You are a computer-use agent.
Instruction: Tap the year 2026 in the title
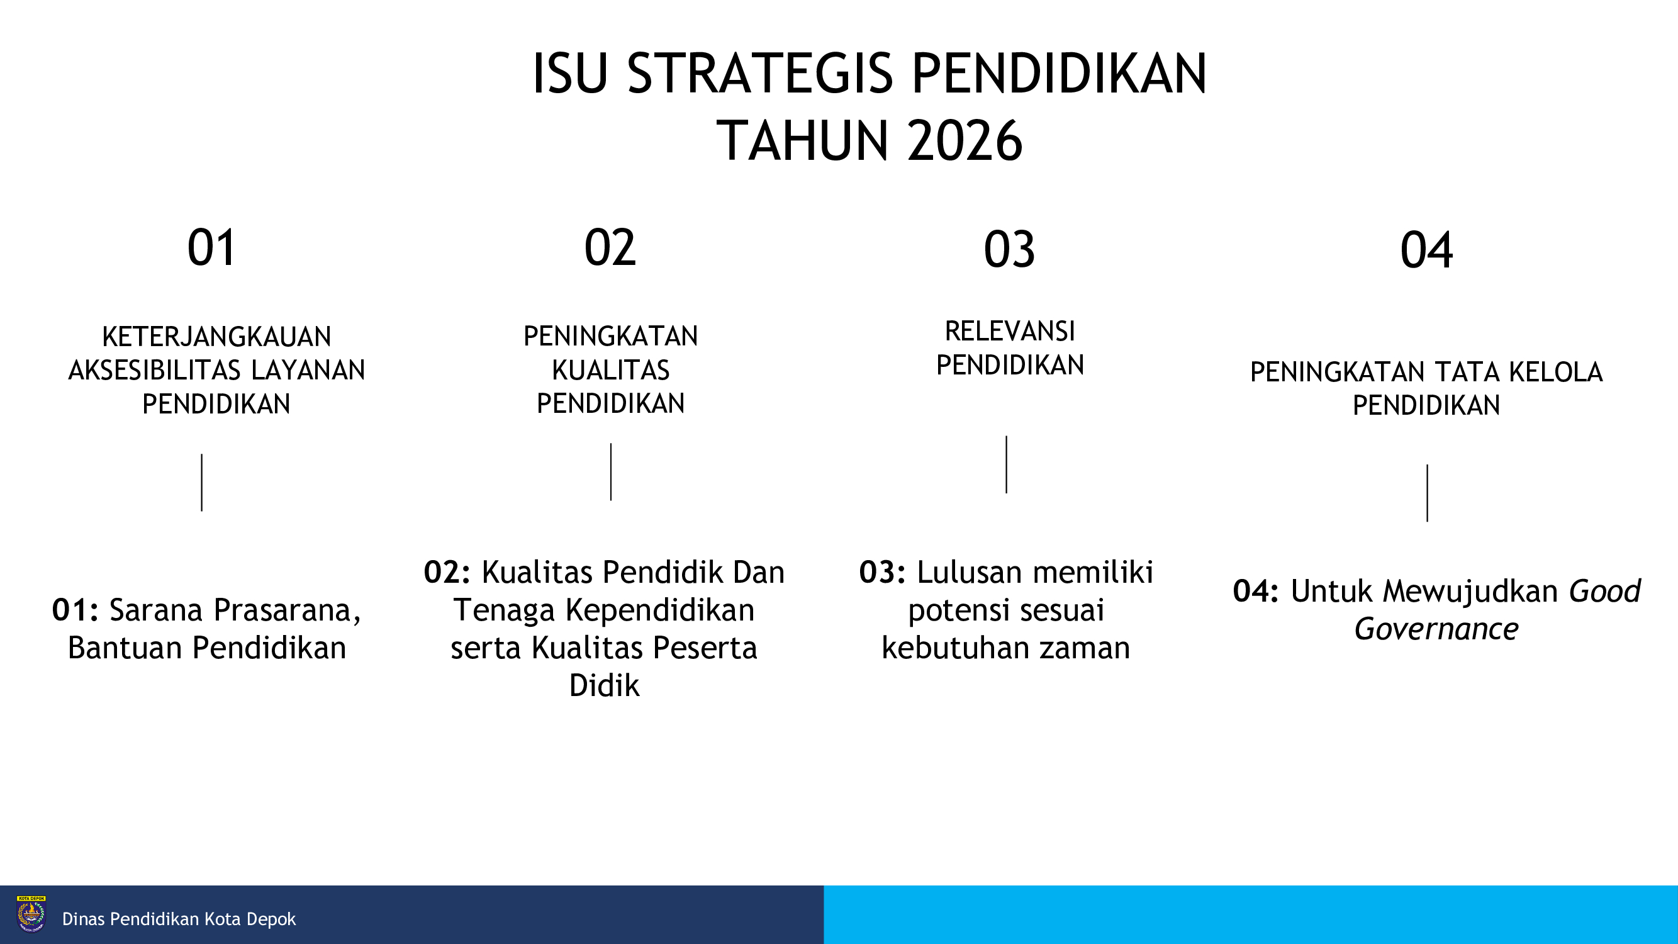965,141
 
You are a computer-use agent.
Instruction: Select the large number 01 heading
211,247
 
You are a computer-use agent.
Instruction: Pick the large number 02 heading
610,247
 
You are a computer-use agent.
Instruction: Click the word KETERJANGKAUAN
217,337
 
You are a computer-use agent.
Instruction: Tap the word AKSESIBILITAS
154,370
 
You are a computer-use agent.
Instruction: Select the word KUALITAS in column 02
610,370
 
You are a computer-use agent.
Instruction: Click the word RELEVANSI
1010,332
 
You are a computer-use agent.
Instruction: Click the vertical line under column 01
202,483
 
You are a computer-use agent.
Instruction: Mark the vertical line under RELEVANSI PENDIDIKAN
1007,464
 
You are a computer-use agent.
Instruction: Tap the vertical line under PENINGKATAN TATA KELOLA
1427,493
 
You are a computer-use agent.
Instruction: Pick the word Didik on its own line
605,685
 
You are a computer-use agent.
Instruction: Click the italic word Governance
1436,629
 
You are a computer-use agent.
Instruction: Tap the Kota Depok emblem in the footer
31,914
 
